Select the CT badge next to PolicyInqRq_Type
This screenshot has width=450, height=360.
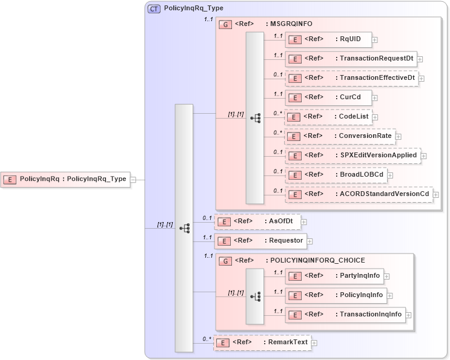pos(154,9)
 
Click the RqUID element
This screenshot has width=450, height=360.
pos(331,39)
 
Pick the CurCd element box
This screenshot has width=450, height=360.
pos(328,97)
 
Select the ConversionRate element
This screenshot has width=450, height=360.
pos(340,136)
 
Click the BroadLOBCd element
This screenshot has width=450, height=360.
pos(336,175)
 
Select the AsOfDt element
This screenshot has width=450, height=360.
pos(258,221)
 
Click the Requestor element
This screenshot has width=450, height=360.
pos(260,241)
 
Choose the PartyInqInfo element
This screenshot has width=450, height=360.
pos(334,276)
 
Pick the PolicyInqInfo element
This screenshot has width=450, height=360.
pos(336,295)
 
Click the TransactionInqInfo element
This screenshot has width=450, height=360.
pos(345,315)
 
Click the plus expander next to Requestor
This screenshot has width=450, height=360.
pos(309,241)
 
